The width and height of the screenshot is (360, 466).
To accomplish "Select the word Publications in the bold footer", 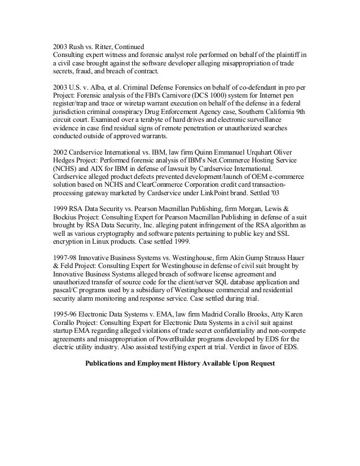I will point(107,364).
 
